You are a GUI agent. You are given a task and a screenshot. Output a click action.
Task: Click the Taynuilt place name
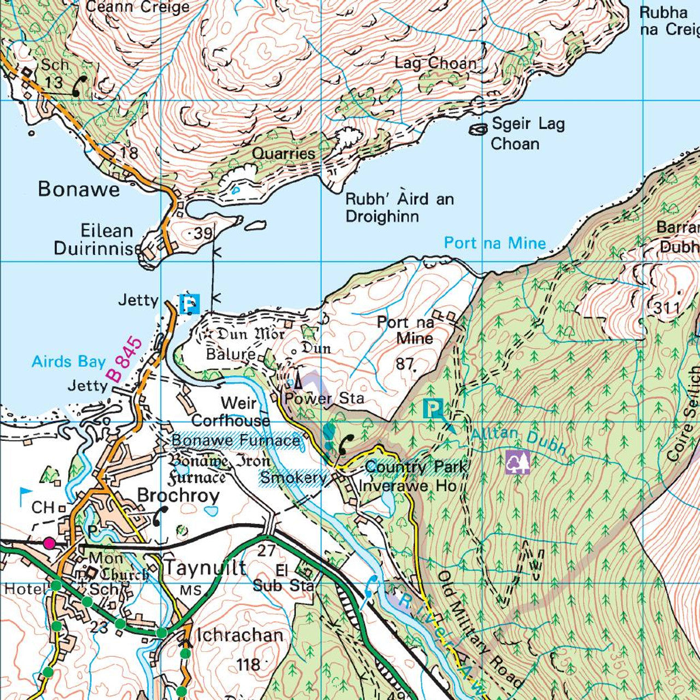(205, 568)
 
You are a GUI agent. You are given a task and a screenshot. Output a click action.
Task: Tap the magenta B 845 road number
(124, 360)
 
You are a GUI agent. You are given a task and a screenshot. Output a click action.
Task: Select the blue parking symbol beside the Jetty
(189, 304)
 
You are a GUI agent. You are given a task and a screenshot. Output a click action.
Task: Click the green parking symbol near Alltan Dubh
(433, 408)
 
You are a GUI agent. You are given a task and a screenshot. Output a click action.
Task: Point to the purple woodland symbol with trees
(517, 462)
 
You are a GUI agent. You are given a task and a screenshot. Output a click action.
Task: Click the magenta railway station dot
(49, 542)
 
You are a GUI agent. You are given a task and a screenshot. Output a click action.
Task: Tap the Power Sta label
(324, 398)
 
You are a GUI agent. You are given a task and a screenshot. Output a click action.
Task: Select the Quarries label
(283, 154)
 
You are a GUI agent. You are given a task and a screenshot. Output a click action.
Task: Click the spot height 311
(667, 308)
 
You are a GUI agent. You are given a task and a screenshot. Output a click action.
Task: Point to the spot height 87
(405, 364)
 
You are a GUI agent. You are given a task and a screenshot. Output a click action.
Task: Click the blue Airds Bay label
(68, 361)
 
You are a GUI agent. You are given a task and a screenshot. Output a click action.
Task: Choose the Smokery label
(293, 477)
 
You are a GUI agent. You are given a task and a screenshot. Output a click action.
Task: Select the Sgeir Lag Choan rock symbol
(479, 129)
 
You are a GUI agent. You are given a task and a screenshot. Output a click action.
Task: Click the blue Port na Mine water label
(494, 243)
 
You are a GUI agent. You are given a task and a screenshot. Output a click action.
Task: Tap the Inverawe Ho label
(407, 486)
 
